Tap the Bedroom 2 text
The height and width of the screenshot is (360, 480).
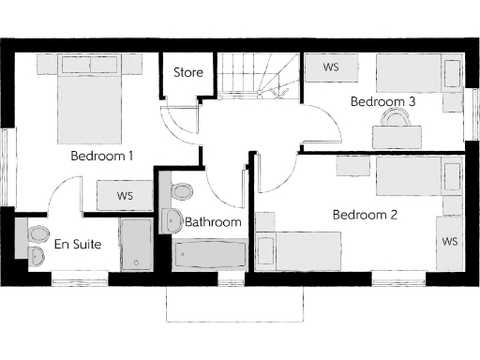365,215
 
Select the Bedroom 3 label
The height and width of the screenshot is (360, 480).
382,100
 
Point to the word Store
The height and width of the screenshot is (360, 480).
187,73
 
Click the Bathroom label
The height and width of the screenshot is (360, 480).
213,222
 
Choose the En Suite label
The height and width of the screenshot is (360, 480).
77,245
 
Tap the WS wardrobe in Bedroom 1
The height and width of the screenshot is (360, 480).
124,196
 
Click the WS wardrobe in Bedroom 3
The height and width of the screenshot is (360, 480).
331,68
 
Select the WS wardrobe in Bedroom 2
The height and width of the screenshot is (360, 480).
449,241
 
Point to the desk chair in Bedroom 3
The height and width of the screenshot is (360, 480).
397,116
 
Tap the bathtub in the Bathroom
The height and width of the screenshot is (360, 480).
210,255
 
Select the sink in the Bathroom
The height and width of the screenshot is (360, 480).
172,221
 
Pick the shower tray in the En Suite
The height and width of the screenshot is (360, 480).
135,247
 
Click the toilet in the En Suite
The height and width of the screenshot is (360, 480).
37,233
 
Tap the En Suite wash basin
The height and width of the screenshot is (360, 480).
37,255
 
